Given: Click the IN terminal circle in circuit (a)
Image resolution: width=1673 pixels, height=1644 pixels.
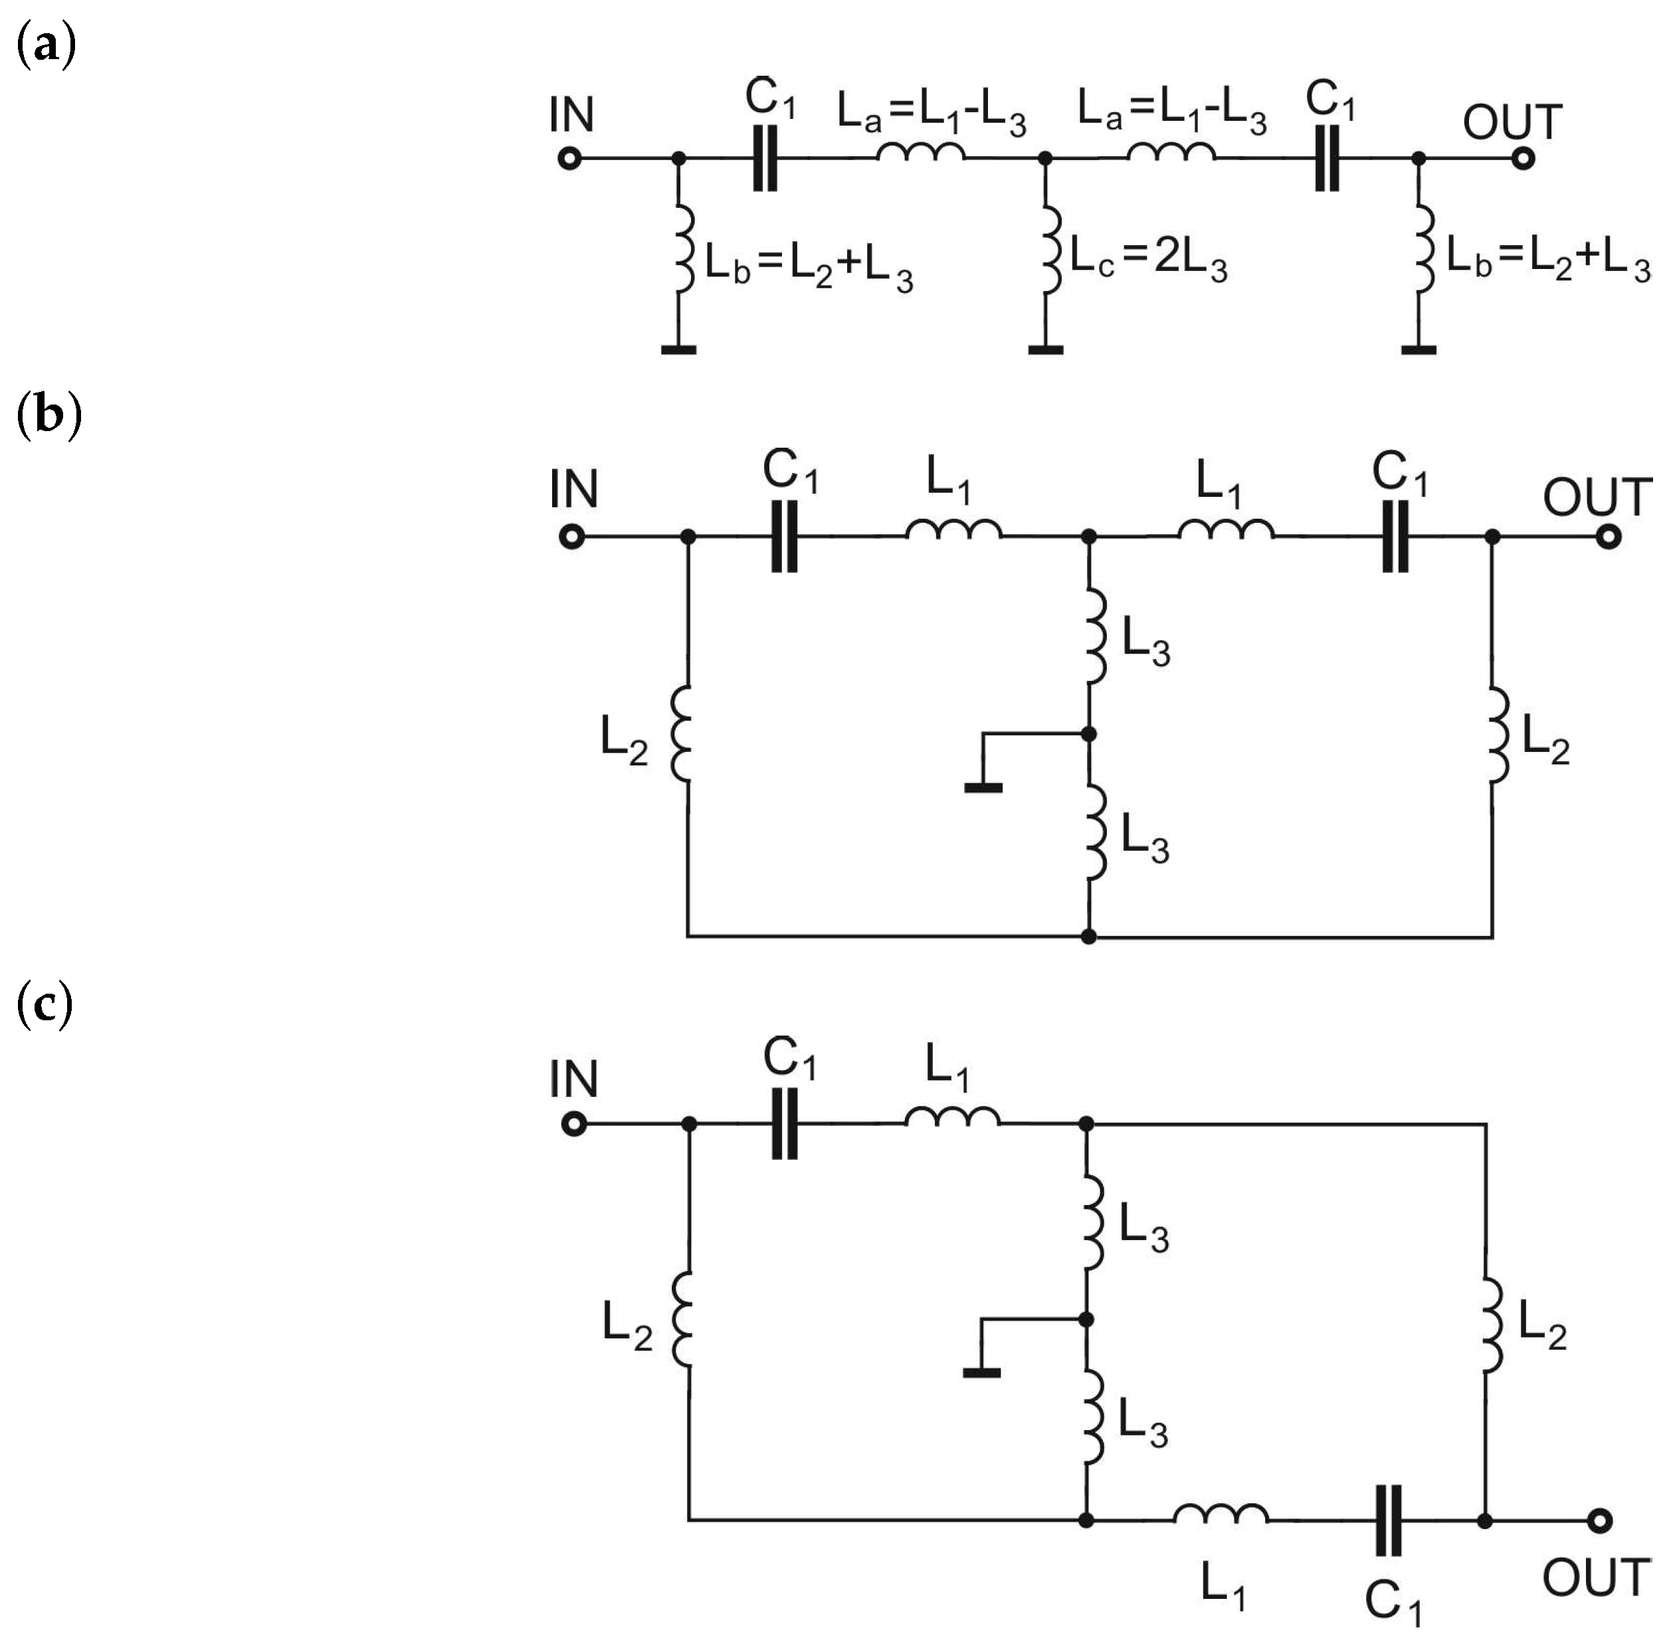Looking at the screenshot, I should pyautogui.click(x=569, y=159).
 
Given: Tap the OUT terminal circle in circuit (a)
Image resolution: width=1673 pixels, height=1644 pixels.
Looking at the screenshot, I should pyautogui.click(x=1524, y=159).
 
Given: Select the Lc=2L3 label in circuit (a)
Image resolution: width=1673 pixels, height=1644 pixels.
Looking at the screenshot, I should pyautogui.click(x=1148, y=258).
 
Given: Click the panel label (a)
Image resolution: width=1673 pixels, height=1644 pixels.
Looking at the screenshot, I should pyautogui.click(x=46, y=45).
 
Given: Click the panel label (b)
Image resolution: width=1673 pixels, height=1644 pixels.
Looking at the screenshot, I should pyautogui.click(x=49, y=414).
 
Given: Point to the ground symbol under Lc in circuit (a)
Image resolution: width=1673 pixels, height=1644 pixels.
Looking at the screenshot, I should pyautogui.click(x=1045, y=349).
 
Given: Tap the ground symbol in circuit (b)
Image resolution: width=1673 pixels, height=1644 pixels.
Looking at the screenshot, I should pyautogui.click(x=983, y=786).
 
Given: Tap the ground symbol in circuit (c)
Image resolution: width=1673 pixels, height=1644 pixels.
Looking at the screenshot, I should pyautogui.click(x=981, y=1372).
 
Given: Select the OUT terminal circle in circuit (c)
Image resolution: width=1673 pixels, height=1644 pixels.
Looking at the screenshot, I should pyautogui.click(x=1600, y=1520).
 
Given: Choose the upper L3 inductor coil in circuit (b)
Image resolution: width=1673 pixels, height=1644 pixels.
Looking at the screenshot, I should pyautogui.click(x=1094, y=636).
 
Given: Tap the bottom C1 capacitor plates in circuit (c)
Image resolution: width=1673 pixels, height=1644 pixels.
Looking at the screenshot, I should pyautogui.click(x=1389, y=1520).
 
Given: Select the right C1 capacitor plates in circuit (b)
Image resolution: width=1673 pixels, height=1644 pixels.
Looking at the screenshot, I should pyautogui.click(x=1395, y=537).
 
